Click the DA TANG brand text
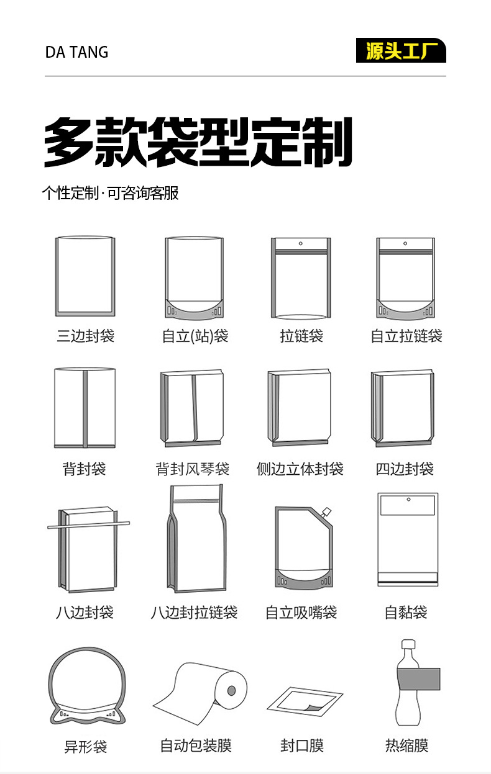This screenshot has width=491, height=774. (76, 52)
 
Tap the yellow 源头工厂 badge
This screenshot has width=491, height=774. (401, 51)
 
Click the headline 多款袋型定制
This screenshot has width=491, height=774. (198, 142)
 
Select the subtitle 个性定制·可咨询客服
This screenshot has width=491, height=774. (110, 193)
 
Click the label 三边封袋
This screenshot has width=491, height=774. (85, 336)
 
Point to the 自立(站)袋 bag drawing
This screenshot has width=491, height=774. (194, 277)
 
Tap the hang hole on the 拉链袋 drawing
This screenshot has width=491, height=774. (301, 243)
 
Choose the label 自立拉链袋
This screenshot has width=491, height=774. (406, 336)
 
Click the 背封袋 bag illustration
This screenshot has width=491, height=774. (85, 407)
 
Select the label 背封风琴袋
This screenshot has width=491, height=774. (193, 469)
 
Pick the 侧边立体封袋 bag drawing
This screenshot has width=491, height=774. (300, 407)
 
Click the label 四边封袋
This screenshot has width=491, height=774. (405, 469)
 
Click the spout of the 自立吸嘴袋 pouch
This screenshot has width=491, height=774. (326, 513)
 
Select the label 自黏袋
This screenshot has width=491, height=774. (406, 613)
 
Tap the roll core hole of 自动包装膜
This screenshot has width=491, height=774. (231, 690)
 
